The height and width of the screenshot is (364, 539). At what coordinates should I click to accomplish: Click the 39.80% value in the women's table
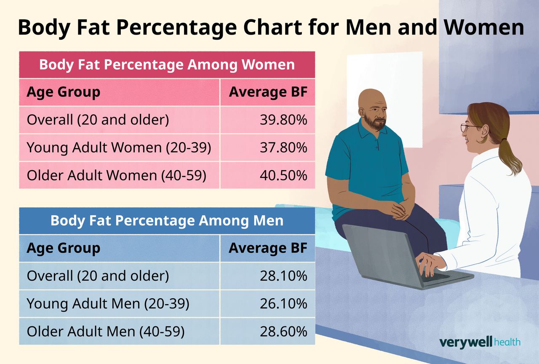click(x=283, y=120)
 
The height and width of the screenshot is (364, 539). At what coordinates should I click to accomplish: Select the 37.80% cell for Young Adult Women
click(x=283, y=148)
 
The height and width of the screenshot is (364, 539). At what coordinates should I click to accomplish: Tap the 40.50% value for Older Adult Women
click(x=283, y=175)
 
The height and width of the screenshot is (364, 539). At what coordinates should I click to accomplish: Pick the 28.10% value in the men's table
click(x=283, y=276)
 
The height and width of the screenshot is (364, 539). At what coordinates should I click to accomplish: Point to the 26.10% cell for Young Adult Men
click(x=283, y=304)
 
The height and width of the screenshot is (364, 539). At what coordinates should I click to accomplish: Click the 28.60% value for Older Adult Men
click(x=283, y=332)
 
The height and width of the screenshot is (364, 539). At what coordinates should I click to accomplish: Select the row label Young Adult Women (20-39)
click(x=119, y=148)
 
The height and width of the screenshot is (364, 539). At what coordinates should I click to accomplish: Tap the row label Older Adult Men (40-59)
click(x=106, y=332)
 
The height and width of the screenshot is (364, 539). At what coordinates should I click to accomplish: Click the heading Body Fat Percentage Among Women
click(x=167, y=65)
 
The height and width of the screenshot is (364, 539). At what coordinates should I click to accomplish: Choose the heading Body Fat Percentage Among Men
click(x=167, y=221)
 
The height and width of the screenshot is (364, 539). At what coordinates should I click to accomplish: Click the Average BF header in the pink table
click(x=268, y=92)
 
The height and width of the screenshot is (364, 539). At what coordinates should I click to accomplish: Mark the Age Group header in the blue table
click(x=63, y=248)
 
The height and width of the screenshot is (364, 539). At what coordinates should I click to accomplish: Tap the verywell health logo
click(x=480, y=342)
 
